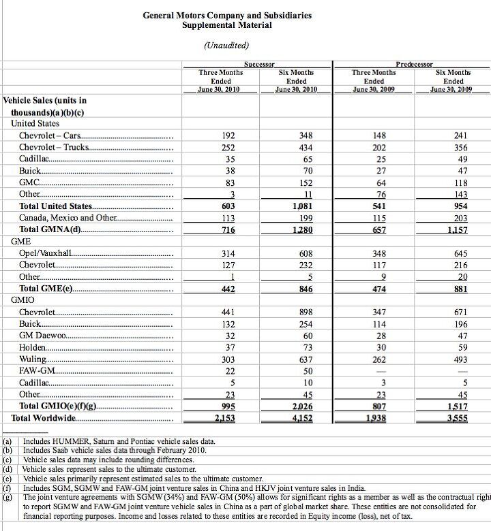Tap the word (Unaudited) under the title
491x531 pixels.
click(x=226, y=46)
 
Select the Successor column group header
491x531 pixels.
click(x=258, y=63)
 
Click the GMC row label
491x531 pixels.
click(x=30, y=182)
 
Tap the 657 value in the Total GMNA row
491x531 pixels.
click(x=373, y=230)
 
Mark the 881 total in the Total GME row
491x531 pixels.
click(x=461, y=289)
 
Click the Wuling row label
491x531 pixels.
click(x=33, y=359)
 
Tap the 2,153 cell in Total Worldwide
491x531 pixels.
click(x=224, y=418)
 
